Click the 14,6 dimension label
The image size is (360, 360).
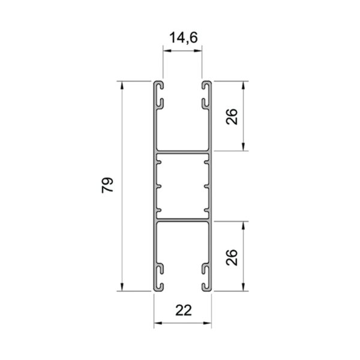(x=184, y=38)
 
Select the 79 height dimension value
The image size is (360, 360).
(x=107, y=185)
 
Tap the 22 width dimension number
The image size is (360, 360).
(x=184, y=310)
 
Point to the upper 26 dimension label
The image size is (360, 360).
(x=232, y=116)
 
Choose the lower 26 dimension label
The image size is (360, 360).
(x=232, y=257)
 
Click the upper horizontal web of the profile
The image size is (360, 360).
(x=183, y=151)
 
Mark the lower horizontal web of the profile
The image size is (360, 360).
(x=183, y=221)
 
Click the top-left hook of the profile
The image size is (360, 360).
(x=159, y=85)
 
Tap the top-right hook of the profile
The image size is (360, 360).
(x=206, y=85)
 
